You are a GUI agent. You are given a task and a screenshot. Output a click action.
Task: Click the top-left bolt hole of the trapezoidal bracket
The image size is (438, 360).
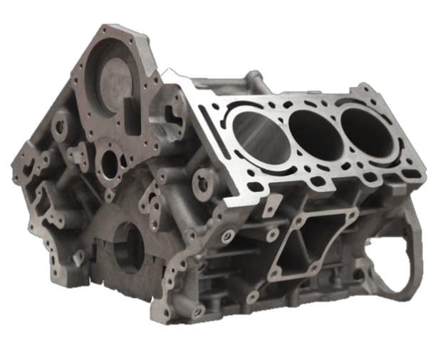tap(293, 221)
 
